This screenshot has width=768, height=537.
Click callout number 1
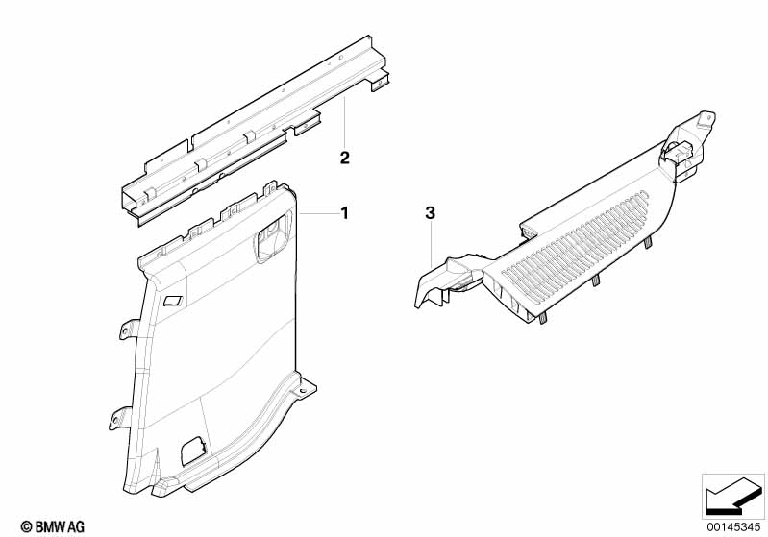pos(345,213)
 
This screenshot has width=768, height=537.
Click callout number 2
pos(345,159)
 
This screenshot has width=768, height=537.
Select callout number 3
pos(430,213)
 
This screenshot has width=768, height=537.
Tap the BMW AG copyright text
pos(53,526)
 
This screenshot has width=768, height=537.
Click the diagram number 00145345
pos(733,526)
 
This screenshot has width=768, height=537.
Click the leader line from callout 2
pos(345,123)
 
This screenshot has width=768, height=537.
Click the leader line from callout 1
pos(319,213)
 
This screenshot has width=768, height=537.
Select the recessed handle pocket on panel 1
pos(269,239)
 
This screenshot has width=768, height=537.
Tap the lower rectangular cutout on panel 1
pos(193,450)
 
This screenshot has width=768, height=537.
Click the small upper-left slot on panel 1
pos(173,300)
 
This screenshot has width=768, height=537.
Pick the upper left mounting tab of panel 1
pos(129,329)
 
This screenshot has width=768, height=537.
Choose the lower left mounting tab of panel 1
pos(119,418)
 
